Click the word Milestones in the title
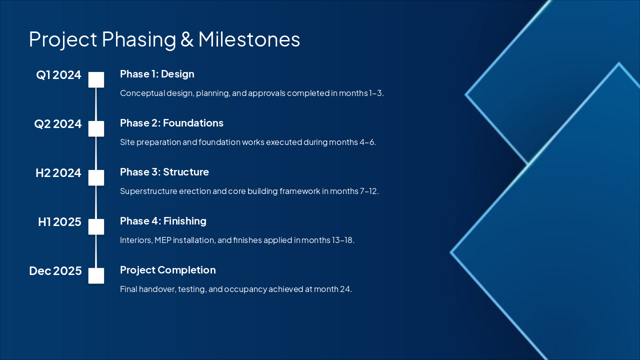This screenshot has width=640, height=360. coord(249,39)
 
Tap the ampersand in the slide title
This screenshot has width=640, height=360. coord(187,39)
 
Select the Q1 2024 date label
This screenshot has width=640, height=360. coord(58,75)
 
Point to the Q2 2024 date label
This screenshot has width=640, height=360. coord(57,124)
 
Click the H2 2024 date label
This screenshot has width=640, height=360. coord(58,173)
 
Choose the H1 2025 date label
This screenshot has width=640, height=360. coord(59,222)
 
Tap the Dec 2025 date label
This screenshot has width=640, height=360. coord(55,271)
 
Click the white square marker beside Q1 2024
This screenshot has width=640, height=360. coord(96,79)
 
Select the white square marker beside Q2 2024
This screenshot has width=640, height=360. coord(96,128)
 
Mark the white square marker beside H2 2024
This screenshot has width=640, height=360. coord(96,177)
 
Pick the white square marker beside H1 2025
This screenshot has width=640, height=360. coord(96,226)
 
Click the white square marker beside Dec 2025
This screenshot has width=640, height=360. coord(96,275)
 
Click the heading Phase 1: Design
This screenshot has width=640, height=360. coord(157,74)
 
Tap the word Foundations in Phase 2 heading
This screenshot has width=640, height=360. coord(193,123)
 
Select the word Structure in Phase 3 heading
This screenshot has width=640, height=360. coord(185,172)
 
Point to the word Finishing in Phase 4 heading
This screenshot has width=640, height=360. coord(185,221)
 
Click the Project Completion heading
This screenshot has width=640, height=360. coord(167,270)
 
